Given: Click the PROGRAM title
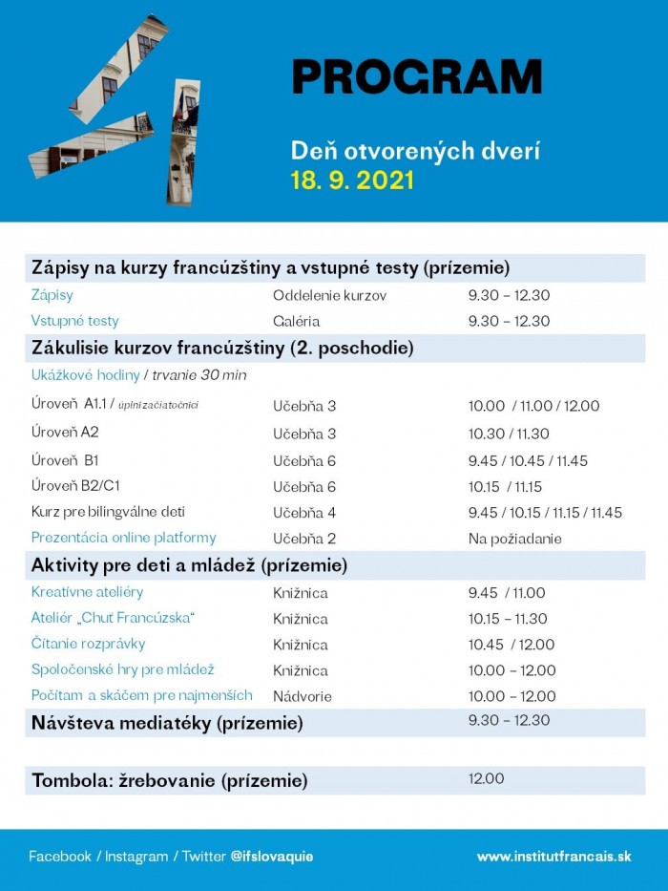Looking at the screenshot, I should tap(416, 76).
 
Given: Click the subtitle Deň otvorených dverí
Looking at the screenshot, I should tap(415, 151).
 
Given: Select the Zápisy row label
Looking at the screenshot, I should tap(52, 295).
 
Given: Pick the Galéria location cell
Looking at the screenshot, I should tap(296, 321).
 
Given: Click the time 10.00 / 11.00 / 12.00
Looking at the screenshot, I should tap(533, 406).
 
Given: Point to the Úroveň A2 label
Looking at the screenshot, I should tap(65, 432).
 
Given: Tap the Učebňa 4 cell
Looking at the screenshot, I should tap(304, 513).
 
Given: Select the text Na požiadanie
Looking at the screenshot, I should tap(514, 539).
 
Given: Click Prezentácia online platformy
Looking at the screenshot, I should tap(124, 538).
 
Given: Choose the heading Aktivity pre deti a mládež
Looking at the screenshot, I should tap(189, 565).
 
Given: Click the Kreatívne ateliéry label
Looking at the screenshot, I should tap(86, 593).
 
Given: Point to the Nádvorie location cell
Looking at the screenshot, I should tap(302, 696).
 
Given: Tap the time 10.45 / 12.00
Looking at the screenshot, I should tap(511, 645).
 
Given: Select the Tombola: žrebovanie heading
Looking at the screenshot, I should tap(170, 781).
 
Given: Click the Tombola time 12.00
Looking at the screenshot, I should tap(486, 779).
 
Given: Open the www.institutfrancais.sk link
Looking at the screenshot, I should tap(553, 857).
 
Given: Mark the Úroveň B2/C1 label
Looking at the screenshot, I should tap(76, 486).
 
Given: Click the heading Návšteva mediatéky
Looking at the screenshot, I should tap(167, 723).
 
